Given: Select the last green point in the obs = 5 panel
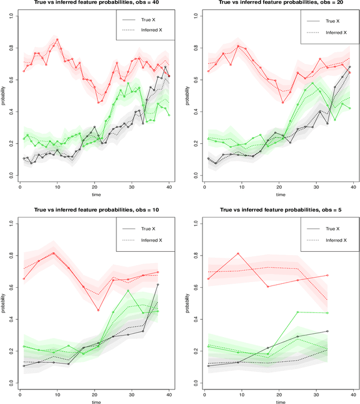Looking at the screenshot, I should (327, 313).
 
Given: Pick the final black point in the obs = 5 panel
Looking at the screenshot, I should (327, 332).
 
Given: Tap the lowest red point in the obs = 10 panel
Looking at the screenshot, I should (98, 310).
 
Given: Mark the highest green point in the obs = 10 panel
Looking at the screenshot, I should (128, 290).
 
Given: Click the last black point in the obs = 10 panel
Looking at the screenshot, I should (157, 284).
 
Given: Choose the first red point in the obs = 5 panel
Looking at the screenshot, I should (208, 279).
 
